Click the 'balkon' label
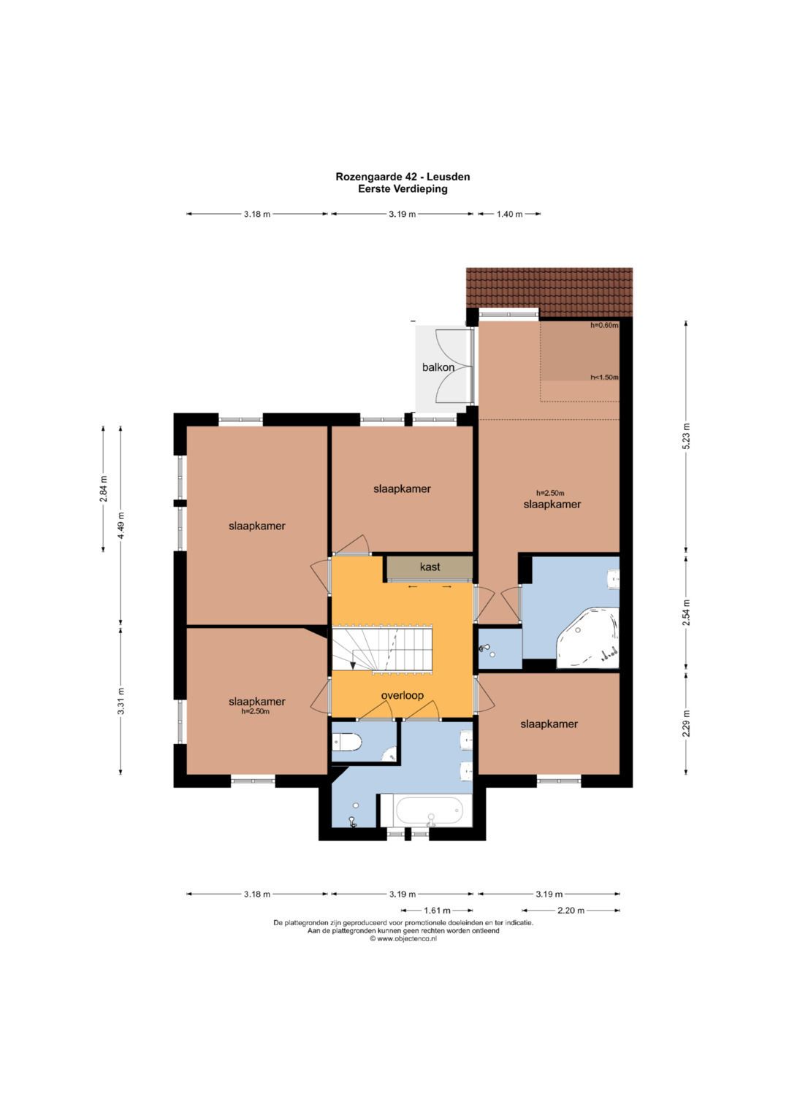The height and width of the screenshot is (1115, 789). [438, 367]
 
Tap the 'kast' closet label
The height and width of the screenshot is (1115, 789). [430, 567]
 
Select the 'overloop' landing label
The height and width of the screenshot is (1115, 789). [402, 695]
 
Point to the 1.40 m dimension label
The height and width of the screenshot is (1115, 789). [510, 214]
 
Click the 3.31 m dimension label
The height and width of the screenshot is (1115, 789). [120, 700]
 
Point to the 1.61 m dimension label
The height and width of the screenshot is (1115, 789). [437, 911]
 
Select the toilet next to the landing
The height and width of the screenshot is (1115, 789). [348, 743]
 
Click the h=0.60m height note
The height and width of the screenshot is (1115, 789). [604, 326]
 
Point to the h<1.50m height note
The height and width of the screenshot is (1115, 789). [604, 377]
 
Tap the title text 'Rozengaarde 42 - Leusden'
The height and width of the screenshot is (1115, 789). [403, 177]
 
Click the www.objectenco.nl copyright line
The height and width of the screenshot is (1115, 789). [403, 938]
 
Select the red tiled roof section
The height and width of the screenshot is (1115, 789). [549, 291]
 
